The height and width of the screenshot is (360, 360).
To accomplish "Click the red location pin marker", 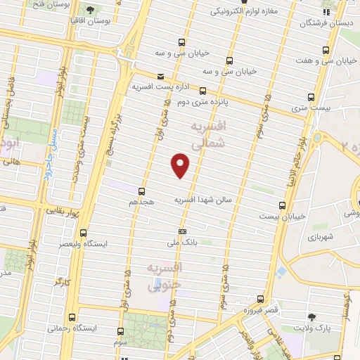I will tap(181, 165).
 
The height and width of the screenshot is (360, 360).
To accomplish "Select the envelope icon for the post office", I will tap(161, 76).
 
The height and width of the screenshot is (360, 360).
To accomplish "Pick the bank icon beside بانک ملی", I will tap(183, 231).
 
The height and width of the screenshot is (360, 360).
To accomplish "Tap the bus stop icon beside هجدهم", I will tap(142, 191).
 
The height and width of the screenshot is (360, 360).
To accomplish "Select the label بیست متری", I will tap(310, 107).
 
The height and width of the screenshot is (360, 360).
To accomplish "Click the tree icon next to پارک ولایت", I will tap(312, 319).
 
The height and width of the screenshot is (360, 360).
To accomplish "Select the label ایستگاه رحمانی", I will tap(70, 328).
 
